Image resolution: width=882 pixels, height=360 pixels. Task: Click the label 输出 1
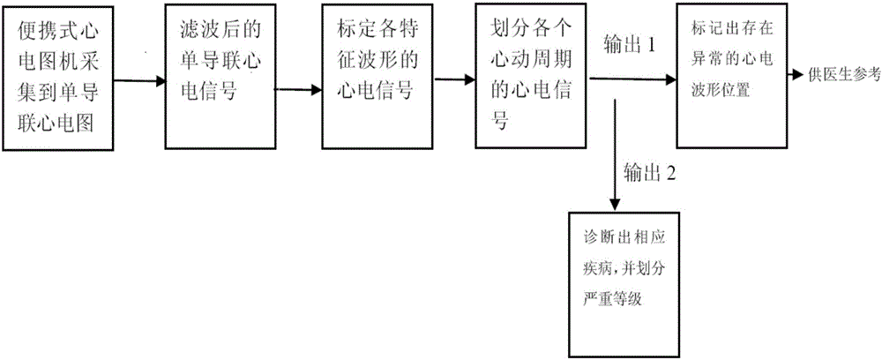(628, 46)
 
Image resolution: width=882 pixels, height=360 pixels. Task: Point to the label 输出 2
(649, 172)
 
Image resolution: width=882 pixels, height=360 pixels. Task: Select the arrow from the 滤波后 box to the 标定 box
(296, 87)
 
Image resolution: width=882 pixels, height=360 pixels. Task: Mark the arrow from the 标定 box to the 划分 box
(452, 80)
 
